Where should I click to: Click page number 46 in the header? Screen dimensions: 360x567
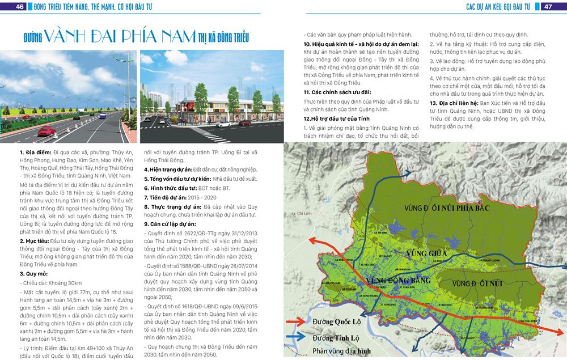pyautogui.click(x=20, y=6)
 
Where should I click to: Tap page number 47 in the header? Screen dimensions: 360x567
pyautogui.click(x=548, y=6)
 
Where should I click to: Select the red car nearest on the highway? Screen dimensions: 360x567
pyautogui.click(x=45, y=132)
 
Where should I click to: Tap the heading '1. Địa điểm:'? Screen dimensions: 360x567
pyautogui.click(x=35, y=153)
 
